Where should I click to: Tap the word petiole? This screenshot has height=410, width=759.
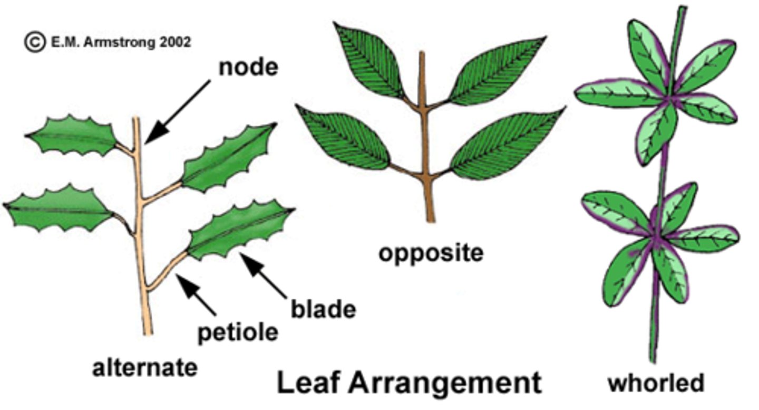238,332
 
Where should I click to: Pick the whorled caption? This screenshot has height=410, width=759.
656,382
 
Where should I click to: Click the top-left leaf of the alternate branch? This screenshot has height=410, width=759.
72,136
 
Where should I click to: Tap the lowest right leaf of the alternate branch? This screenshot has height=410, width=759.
239,231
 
